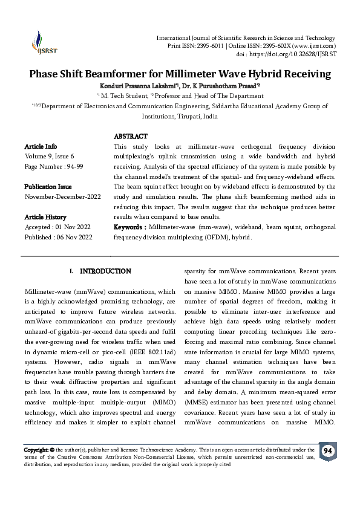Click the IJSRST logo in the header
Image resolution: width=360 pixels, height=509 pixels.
[x=41, y=43]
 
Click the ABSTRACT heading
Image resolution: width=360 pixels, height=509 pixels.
[x=131, y=137]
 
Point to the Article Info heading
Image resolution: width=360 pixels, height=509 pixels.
[x=41, y=146]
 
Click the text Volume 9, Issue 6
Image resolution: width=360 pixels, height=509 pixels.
[x=49, y=156]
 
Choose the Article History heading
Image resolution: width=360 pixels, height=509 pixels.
[x=45, y=216]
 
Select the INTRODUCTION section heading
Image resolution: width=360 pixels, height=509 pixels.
[x=106, y=271]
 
